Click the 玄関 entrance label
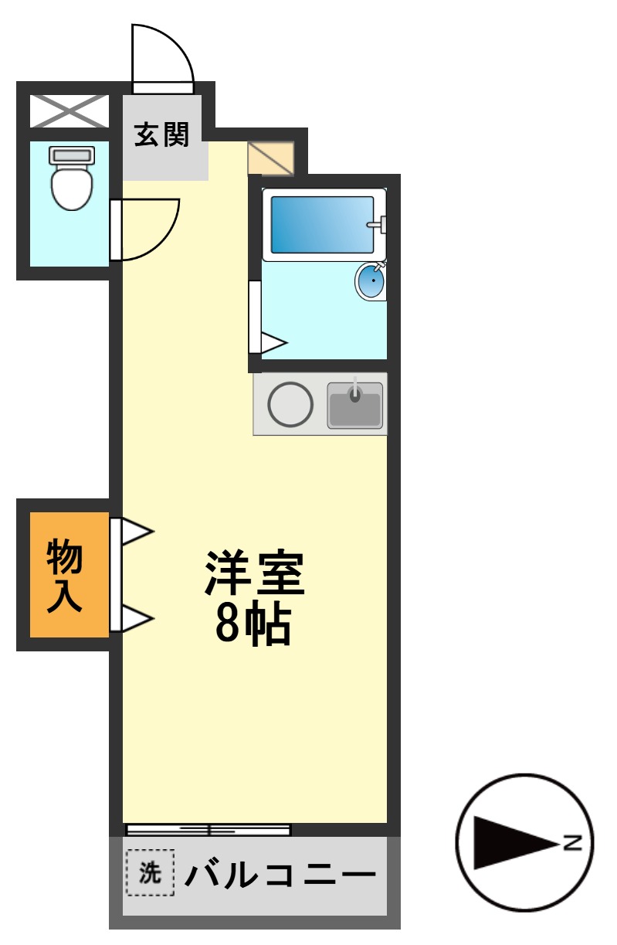point(162,135)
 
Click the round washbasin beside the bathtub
point(371,280)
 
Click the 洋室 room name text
point(255,573)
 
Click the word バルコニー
point(280,875)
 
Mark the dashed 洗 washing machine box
point(150,873)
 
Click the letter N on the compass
point(572,842)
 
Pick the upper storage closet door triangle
point(137,532)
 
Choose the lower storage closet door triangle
point(137,618)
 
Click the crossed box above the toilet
point(69,111)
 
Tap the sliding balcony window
point(208,830)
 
